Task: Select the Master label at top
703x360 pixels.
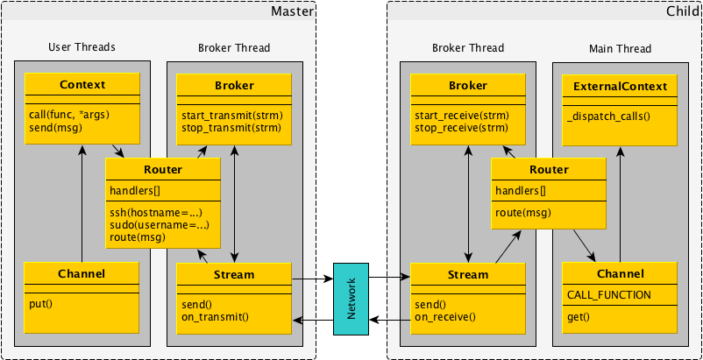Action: point(292,11)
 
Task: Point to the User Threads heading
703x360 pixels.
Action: point(82,46)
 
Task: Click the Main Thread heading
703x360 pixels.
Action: point(621,48)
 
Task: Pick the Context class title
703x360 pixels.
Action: point(82,85)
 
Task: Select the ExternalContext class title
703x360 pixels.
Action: point(620,87)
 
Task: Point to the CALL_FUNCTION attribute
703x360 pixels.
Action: point(609,295)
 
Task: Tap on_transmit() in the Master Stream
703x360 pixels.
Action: point(216,317)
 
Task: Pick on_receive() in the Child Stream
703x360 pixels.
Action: point(444,317)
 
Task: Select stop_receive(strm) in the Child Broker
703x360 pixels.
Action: point(460,128)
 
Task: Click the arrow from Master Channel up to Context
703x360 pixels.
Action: point(82,201)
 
